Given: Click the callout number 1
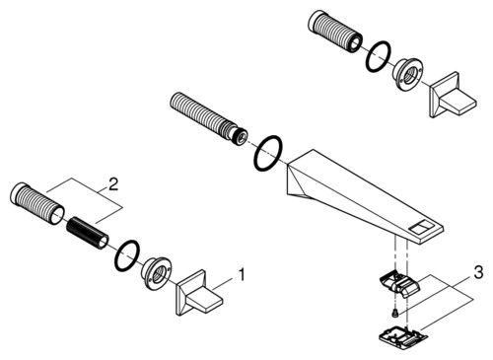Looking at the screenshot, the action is click(x=242, y=275).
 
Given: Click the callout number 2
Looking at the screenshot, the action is click(x=112, y=184).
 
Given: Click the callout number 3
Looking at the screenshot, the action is click(x=478, y=272).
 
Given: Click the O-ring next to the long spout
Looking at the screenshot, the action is click(x=268, y=153).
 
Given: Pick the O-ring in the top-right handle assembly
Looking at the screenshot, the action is click(x=379, y=56).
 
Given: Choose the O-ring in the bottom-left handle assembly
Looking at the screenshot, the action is click(x=127, y=256).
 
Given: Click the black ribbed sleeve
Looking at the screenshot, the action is click(x=87, y=233).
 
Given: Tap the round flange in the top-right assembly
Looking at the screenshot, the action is click(x=407, y=74).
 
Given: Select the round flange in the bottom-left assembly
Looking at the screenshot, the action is click(x=156, y=273).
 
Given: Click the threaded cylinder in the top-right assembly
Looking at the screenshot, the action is click(x=335, y=32).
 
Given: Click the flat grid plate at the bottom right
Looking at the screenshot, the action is click(x=403, y=336).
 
